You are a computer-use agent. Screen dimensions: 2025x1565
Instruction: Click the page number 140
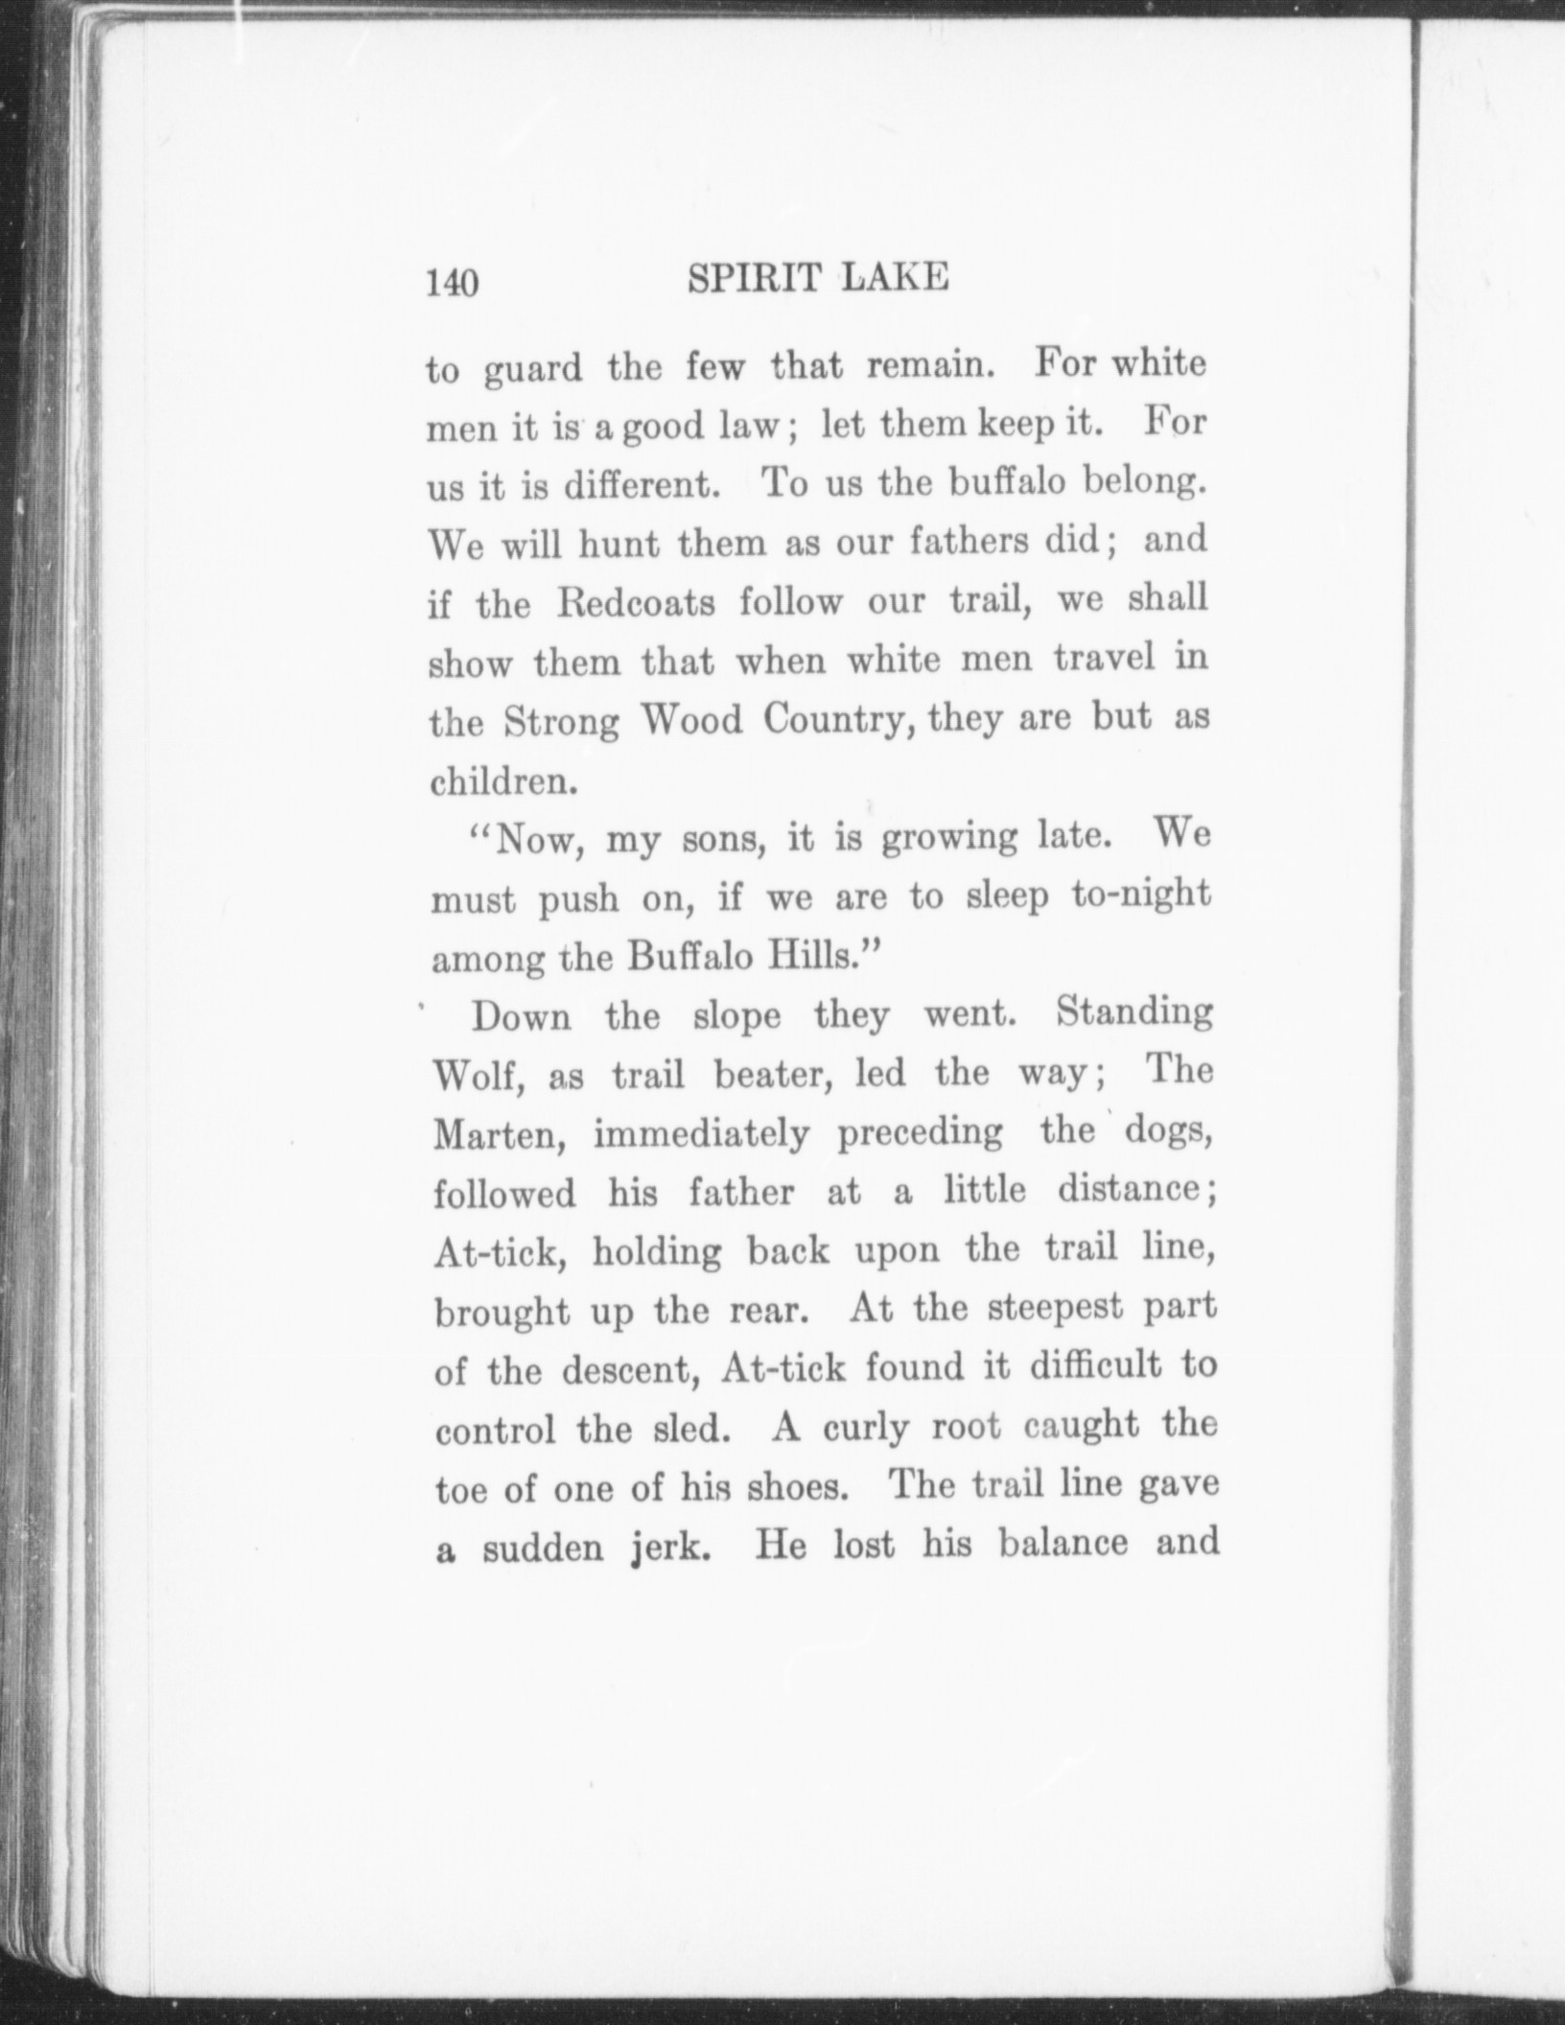[453, 285]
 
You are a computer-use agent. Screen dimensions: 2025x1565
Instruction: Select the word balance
[1063, 1544]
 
